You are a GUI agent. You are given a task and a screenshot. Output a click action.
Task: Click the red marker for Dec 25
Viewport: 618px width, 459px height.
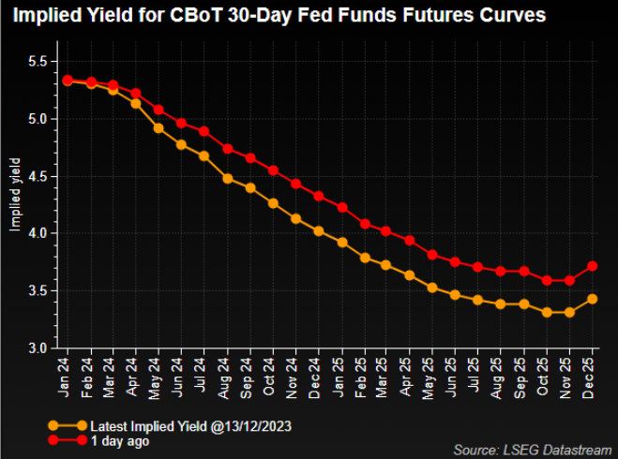click(592, 266)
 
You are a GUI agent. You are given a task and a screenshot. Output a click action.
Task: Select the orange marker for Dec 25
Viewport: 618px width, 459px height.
click(592, 299)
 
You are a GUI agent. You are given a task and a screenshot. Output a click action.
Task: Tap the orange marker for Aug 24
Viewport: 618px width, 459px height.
click(227, 178)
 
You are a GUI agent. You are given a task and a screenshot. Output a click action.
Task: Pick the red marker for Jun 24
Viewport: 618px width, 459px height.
click(181, 124)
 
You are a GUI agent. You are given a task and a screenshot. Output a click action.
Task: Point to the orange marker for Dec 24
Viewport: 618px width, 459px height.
click(319, 230)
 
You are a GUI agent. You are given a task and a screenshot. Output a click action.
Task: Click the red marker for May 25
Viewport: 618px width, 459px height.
click(432, 255)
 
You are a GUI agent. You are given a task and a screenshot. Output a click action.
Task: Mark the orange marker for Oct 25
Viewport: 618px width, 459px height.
click(547, 312)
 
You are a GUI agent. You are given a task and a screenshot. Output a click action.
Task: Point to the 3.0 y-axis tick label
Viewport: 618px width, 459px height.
click(37, 348)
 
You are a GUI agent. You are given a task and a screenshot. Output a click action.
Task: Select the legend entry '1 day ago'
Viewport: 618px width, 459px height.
click(119, 440)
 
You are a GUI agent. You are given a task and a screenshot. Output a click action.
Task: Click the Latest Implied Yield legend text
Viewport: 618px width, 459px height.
click(188, 426)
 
